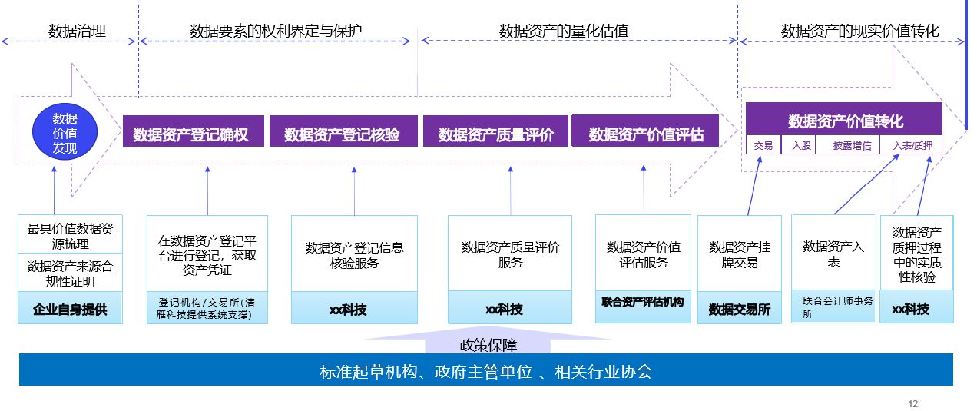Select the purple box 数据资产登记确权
coord(194,134)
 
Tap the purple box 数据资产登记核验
coord(343,134)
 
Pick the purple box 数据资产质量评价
coord(495,134)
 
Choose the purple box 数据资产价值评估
coord(646,134)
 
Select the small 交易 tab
coord(763,145)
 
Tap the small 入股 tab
coord(800,145)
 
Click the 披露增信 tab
coord(852,145)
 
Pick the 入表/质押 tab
coord(912,145)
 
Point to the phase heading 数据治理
coord(76,31)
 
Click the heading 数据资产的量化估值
coord(564,31)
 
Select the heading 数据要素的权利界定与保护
coord(276,31)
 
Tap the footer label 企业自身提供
coord(70,310)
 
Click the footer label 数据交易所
coord(740,309)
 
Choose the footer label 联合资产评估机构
coord(642,302)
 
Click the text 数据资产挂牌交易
coord(740,254)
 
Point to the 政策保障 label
coord(488,345)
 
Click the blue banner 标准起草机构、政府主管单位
coord(485,373)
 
